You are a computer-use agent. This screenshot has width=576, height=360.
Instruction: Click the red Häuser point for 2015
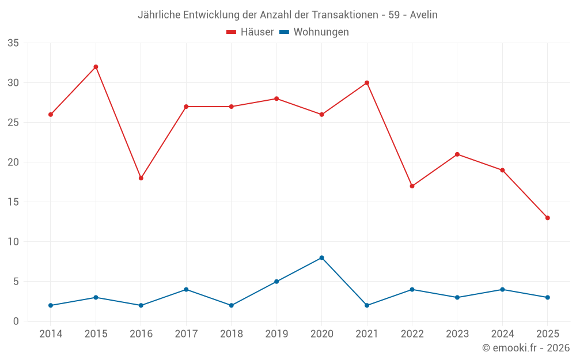(x=96, y=67)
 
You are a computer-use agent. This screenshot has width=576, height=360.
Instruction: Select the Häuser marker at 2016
(x=141, y=178)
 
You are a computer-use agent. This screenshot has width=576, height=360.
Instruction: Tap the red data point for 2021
(x=367, y=83)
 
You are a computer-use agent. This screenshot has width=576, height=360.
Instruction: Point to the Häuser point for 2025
(x=547, y=218)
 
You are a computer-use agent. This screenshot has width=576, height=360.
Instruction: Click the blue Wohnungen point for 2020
(x=321, y=257)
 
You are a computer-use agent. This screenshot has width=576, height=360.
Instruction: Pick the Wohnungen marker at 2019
(x=276, y=282)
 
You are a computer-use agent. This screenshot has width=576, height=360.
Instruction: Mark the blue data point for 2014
(x=51, y=305)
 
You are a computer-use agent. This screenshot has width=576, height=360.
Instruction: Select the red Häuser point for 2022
(x=412, y=186)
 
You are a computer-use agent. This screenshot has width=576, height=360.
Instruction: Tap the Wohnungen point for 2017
(x=186, y=289)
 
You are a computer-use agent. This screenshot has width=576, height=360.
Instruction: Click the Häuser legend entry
(x=250, y=32)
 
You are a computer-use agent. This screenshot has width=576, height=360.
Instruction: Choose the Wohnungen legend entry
(x=314, y=32)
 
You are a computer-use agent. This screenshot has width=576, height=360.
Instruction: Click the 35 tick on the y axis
(x=13, y=43)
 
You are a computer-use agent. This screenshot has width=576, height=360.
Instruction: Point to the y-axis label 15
(x=13, y=202)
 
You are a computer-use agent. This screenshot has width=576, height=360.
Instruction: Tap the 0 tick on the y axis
(x=16, y=321)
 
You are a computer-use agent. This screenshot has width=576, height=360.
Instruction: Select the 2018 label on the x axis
(x=231, y=334)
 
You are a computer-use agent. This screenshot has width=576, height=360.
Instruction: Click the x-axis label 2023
(x=457, y=334)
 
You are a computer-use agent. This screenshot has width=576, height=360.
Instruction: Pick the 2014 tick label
(x=51, y=334)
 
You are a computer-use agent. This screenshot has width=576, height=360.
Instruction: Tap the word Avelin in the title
(x=423, y=15)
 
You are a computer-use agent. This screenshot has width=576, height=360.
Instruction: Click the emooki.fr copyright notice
(x=525, y=348)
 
